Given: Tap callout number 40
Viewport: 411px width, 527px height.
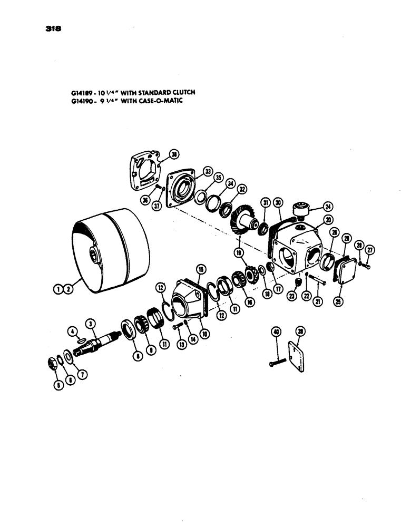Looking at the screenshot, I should [x=275, y=331].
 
